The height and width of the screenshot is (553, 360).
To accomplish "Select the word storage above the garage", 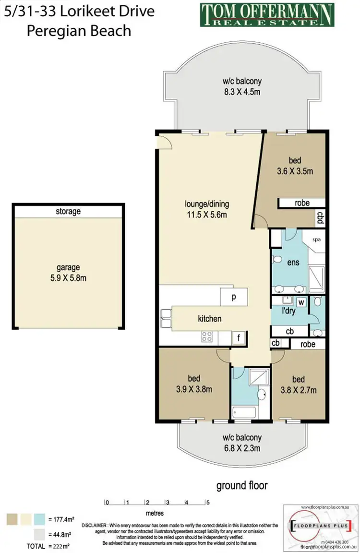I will tap(68, 211).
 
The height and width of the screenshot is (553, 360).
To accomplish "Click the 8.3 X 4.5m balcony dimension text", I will tap(242, 92).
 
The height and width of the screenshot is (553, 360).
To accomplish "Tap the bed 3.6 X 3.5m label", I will tap(295, 166).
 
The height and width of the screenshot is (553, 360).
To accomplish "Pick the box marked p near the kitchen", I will tap(234, 297).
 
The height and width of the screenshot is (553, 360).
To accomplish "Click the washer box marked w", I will tap(301, 302).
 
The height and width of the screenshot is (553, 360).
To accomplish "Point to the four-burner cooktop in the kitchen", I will tap(207, 337).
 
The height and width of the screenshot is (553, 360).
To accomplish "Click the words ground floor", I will tap(241, 485).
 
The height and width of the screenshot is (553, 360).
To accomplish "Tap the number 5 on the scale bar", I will tap(208, 503).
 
